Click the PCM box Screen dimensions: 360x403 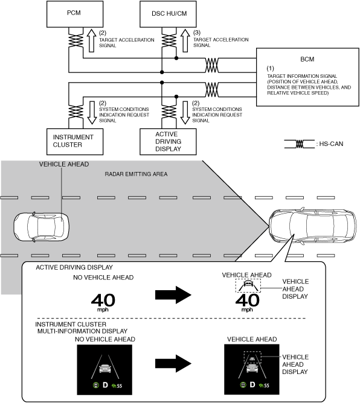75,14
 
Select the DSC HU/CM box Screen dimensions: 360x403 168,14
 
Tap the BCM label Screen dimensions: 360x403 307,59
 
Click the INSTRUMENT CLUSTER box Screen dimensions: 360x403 75,142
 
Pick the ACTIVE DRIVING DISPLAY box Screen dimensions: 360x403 168,142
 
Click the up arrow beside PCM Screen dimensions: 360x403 92,40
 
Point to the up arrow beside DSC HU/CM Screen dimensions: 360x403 185,40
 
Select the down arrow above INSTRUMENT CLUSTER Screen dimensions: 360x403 92,113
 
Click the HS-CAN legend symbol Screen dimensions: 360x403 299,144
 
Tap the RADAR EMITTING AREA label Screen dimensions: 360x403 136,174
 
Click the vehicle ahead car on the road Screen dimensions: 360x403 41,226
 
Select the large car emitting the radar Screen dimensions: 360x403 312,226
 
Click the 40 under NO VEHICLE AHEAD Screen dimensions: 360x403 103,300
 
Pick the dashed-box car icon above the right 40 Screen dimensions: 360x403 248,285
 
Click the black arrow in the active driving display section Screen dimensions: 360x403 173,295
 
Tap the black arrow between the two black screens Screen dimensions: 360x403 173,363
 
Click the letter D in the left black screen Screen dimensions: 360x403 105,385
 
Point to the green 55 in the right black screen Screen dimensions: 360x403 266,386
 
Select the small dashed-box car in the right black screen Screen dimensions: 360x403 252,357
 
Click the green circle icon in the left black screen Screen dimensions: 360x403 96,385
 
